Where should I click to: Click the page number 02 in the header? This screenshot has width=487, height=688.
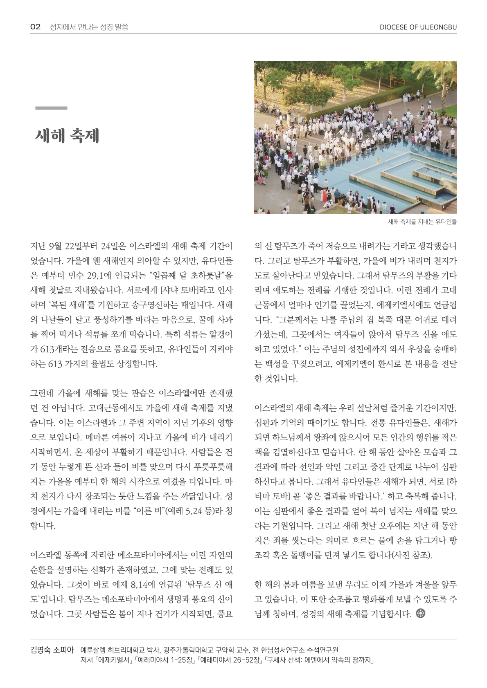point(36,27)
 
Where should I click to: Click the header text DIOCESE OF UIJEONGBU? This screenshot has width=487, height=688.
point(418,27)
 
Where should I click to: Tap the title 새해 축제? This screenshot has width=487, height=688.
point(68,136)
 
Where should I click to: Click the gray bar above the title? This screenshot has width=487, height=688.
point(51,108)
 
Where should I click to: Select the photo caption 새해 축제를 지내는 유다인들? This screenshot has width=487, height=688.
point(422,222)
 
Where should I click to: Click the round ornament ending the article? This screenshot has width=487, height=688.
point(420,613)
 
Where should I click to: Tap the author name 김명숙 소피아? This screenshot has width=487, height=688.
point(52,650)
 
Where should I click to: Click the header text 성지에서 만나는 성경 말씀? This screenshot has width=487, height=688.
point(89,27)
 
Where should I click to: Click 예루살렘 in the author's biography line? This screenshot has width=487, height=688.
point(92,650)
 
